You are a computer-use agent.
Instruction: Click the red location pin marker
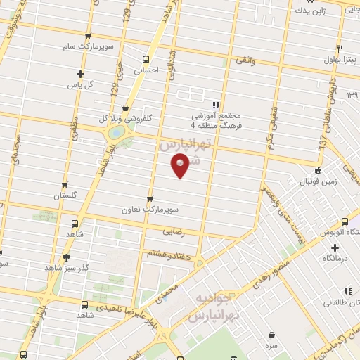tap(181, 166)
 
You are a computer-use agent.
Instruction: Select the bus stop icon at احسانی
tap(146, 59)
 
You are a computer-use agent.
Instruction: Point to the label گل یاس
tap(81, 84)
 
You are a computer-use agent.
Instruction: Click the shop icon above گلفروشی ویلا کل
tap(125, 108)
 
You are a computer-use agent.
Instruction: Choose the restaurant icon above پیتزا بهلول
tap(339, 48)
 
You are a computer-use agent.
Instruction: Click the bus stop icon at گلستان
tap(65, 185)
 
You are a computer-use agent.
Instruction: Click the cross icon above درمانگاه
tap(335, 247)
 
